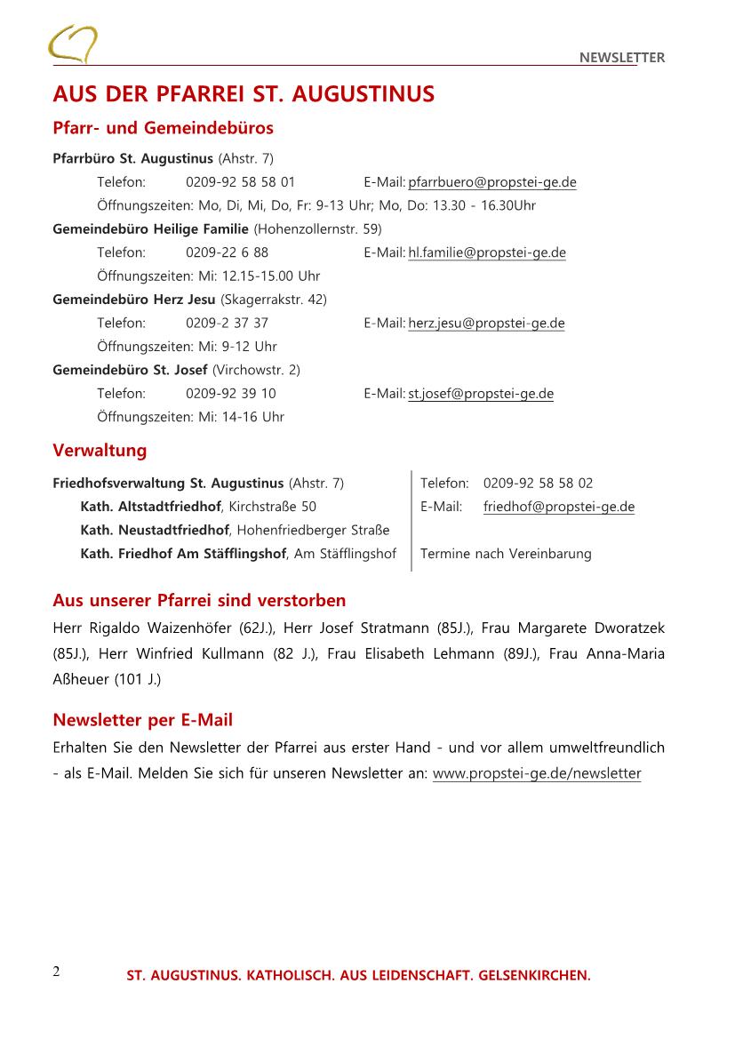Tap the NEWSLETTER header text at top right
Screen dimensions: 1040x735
[x=621, y=58]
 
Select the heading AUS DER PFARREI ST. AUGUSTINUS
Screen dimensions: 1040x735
[x=244, y=94]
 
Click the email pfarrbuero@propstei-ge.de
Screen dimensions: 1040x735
[x=492, y=182]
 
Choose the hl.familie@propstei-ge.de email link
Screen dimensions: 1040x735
[x=487, y=252]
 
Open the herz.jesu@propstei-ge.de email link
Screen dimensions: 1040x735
[x=486, y=323]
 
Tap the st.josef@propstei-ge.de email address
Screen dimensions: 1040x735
[x=481, y=393]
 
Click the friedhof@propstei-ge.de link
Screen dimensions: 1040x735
[x=559, y=507]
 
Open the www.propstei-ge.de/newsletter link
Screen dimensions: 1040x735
[x=537, y=773]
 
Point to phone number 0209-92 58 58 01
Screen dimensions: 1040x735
[x=240, y=182]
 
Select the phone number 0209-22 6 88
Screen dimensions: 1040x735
[x=227, y=252]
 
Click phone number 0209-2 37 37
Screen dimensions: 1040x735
[x=227, y=323]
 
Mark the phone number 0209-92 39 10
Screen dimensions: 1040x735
[x=230, y=393]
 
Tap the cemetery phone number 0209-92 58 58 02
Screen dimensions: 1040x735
[x=538, y=484]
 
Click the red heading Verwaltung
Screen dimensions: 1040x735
[x=100, y=451]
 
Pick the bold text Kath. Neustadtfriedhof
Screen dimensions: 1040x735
[x=155, y=531]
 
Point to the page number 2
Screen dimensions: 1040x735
[x=56, y=971]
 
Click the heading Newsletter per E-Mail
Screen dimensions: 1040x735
[x=142, y=719]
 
